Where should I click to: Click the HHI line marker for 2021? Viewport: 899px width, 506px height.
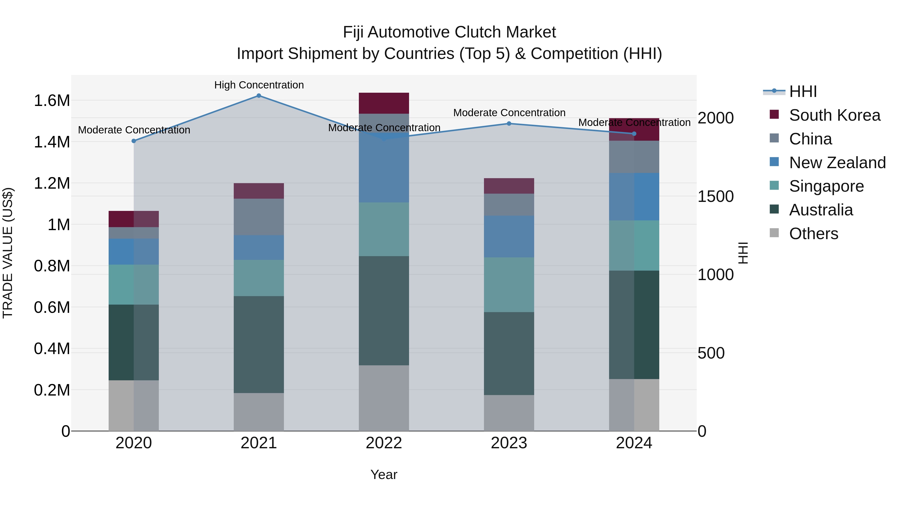pyautogui.click(x=259, y=95)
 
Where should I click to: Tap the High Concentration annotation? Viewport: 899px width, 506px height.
pyautogui.click(x=259, y=85)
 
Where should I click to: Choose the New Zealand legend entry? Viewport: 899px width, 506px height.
pyautogui.click(x=837, y=163)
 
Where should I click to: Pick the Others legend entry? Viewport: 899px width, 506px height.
pyautogui.click(x=813, y=234)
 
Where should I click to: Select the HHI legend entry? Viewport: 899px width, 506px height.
pyautogui.click(x=803, y=91)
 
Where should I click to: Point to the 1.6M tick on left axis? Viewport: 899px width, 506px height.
pyautogui.click(x=52, y=100)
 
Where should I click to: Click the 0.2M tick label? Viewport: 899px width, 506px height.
pyautogui.click(x=52, y=390)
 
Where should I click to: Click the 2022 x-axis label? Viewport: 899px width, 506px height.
pyautogui.click(x=384, y=443)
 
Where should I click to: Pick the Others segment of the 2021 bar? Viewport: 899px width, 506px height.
pyautogui.click(x=259, y=412)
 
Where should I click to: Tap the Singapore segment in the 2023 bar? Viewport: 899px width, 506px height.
pyautogui.click(x=509, y=285)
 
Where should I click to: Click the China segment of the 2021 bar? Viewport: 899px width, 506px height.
pyautogui.click(x=259, y=217)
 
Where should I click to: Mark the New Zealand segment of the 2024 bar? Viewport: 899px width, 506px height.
pyautogui.click(x=634, y=197)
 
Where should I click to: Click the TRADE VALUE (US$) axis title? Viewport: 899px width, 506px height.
pyautogui.click(x=8, y=253)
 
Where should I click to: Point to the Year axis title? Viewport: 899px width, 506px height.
pyautogui.click(x=384, y=475)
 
